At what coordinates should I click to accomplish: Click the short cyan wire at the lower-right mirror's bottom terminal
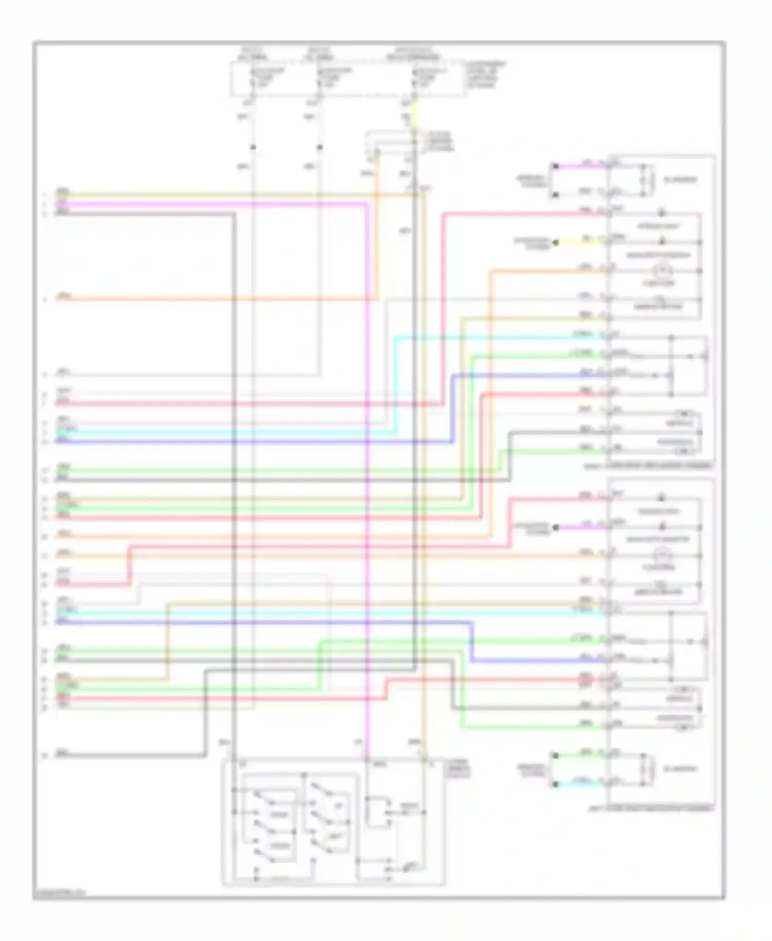(582, 783)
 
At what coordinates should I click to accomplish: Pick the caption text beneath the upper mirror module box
(648, 466)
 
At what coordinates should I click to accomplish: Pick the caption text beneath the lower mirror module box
(651, 809)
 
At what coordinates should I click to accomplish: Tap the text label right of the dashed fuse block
(485, 75)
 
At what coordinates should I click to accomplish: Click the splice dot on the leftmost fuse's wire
(253, 148)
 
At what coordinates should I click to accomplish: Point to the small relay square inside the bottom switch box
(377, 812)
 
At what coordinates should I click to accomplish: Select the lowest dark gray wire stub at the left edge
(129, 756)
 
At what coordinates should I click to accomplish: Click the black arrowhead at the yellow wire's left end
(555, 242)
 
